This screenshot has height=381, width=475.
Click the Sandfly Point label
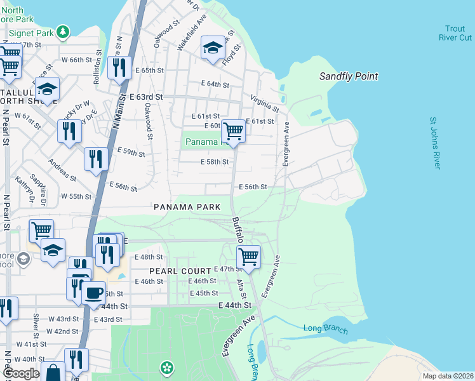349,77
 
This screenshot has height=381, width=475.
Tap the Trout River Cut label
455,33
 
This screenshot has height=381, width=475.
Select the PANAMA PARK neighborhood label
187,207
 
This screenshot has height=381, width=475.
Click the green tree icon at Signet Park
62,31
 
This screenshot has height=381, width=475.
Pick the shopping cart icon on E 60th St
234,131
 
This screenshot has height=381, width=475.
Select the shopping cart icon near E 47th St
248,257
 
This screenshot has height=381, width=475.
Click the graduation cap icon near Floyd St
213,48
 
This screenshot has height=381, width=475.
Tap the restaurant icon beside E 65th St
119,67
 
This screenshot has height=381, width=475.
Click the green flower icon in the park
166,368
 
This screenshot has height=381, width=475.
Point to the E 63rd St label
146,97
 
